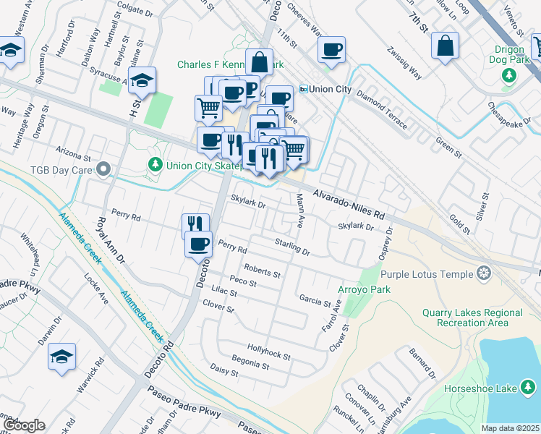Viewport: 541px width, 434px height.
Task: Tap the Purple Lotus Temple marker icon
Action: click(x=484, y=273)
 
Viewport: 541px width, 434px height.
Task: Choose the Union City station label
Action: click(x=325, y=89)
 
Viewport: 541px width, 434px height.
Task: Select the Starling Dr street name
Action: click(x=291, y=247)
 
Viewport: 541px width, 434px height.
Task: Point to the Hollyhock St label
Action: click(x=268, y=352)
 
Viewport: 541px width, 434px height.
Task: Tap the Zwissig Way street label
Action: click(x=404, y=63)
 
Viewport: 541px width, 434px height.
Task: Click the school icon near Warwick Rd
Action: click(x=62, y=357)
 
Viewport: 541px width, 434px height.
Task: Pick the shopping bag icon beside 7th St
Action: click(x=446, y=45)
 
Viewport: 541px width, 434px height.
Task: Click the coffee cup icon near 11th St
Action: click(x=332, y=50)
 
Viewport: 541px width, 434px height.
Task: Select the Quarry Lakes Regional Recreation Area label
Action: click(x=472, y=318)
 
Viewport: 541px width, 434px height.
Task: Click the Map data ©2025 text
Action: click(x=510, y=428)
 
